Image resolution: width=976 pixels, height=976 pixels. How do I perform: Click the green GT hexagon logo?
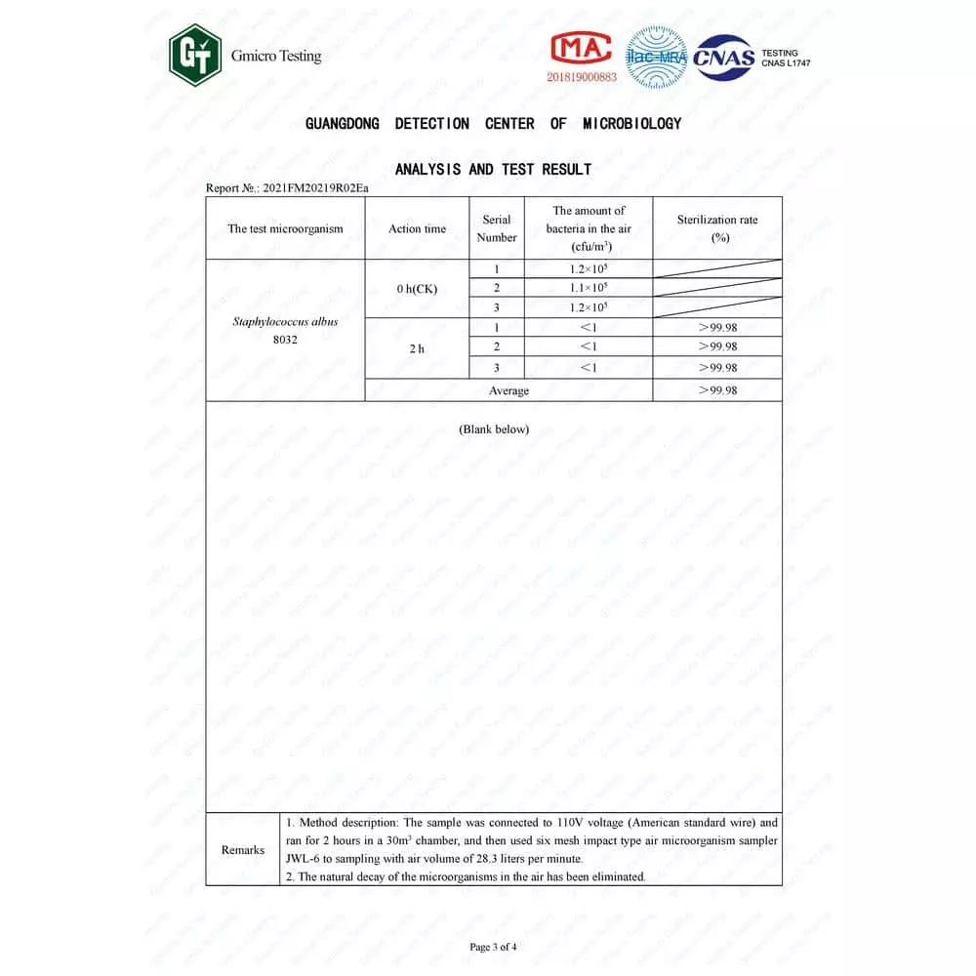click(195, 56)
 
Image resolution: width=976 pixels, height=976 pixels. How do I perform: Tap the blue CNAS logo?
click(723, 57)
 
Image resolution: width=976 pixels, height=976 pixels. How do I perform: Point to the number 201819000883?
click(582, 76)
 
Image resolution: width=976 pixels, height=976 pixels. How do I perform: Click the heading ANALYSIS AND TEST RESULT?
click(493, 169)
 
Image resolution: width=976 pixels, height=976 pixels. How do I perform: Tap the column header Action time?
click(417, 228)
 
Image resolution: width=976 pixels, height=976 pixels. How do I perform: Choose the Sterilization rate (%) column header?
click(717, 228)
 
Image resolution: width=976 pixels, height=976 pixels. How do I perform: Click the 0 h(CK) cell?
click(417, 289)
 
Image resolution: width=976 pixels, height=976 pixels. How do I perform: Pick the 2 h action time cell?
click(417, 348)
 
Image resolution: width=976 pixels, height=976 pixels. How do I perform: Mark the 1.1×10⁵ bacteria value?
click(589, 288)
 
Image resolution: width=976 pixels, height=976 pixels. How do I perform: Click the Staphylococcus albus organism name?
click(285, 321)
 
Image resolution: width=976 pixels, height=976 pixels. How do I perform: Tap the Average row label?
click(508, 390)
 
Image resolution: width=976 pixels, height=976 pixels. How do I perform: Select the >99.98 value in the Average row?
click(717, 390)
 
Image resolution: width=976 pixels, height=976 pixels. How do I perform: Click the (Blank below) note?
click(494, 428)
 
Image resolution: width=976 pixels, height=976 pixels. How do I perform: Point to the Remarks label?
click(243, 849)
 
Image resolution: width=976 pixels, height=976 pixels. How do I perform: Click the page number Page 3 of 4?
click(493, 946)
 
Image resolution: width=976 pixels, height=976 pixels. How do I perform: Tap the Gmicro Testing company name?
click(276, 56)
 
